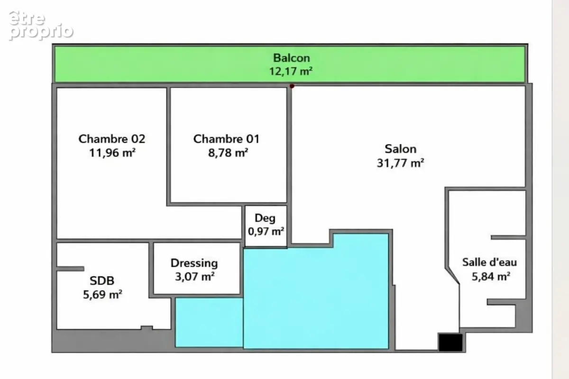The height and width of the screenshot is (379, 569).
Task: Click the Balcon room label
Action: pyautogui.click(x=291, y=58)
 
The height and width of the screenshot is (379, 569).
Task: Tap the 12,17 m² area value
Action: pyautogui.click(x=291, y=72)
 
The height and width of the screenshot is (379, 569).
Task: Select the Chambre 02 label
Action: pyautogui.click(x=112, y=139)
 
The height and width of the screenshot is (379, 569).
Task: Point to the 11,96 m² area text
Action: pyautogui.click(x=112, y=153)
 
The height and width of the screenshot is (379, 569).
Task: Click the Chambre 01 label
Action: pyautogui.click(x=226, y=139)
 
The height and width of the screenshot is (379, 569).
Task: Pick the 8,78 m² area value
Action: pyautogui.click(x=228, y=153)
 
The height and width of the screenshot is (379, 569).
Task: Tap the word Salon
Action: pyautogui.click(x=400, y=149)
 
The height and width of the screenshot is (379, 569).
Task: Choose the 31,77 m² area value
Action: pyautogui.click(x=400, y=163)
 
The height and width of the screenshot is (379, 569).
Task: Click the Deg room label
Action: pyautogui.click(x=265, y=218)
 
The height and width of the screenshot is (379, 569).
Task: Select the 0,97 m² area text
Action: pyautogui.click(x=266, y=231)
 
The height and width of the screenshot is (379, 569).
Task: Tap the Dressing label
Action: pyautogui.click(x=194, y=263)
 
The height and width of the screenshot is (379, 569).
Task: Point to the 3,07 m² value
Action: pyautogui.click(x=195, y=277)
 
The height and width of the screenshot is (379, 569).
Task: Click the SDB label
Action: pyautogui.click(x=102, y=280)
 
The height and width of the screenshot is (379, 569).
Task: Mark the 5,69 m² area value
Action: pyautogui.click(x=102, y=295)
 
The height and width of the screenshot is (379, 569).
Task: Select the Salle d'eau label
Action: pyautogui.click(x=489, y=262)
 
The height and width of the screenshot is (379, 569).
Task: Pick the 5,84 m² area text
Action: pyautogui.click(x=491, y=276)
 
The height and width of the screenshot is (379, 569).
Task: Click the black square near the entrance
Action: pyautogui.click(x=450, y=342)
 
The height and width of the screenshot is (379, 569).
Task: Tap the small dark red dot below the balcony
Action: pyautogui.click(x=292, y=86)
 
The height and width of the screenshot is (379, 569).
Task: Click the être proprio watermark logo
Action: pyautogui.click(x=41, y=26)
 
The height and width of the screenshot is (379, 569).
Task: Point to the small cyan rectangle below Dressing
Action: pyautogui.click(x=209, y=323)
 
